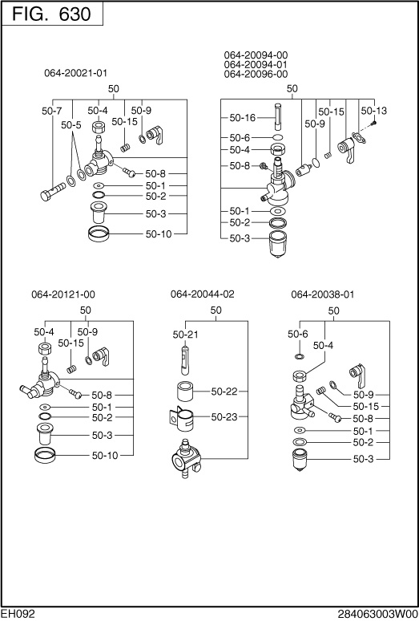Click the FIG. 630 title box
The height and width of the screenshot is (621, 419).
[x=51, y=14]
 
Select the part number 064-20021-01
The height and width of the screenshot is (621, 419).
[x=75, y=73]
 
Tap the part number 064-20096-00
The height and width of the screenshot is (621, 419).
[x=256, y=75]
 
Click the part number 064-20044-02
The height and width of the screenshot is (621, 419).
[x=203, y=294]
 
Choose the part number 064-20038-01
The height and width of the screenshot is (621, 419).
[x=322, y=294]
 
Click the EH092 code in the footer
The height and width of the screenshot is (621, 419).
[x=17, y=613]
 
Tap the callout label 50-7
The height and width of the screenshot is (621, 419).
[x=51, y=110]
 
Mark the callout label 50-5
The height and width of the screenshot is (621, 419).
[x=71, y=125]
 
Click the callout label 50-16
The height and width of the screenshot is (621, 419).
[x=242, y=118]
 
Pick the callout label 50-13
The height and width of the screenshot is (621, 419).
[x=373, y=110]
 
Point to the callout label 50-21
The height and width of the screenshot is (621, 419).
[x=185, y=334]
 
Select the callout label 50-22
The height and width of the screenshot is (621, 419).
[x=224, y=392]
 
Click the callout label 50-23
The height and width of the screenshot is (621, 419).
[x=224, y=417]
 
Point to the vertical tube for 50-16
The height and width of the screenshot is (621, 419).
[x=278, y=116]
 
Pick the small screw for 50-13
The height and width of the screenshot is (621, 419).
[x=374, y=124]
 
